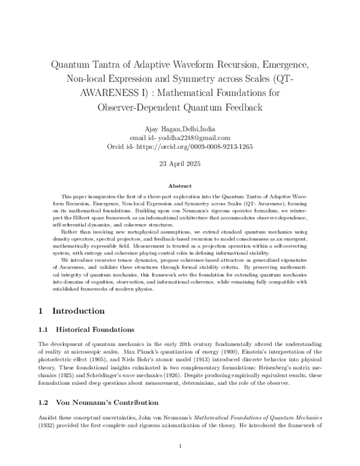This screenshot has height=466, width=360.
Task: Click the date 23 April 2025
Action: click(x=180, y=165)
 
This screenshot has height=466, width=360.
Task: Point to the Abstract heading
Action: click(x=180, y=187)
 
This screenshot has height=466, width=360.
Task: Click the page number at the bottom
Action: click(x=180, y=446)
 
